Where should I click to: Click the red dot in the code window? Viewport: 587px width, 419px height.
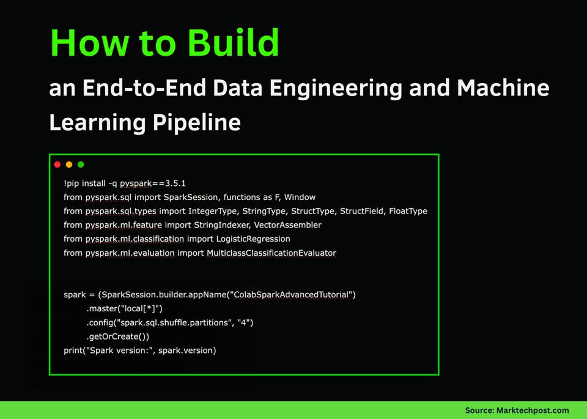click(57, 165)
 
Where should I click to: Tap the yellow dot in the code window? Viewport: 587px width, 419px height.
click(69, 165)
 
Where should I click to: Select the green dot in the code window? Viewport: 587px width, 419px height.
click(81, 165)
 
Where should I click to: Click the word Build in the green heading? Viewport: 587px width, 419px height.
click(234, 43)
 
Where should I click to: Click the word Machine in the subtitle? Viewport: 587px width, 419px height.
click(503, 88)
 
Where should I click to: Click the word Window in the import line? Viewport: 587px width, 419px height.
click(300, 197)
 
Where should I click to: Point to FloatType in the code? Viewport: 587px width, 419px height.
click(408, 211)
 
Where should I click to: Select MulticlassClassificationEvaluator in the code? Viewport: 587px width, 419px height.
click(271, 253)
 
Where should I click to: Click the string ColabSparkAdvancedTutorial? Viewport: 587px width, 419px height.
click(291, 295)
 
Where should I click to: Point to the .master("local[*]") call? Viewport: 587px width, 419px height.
click(125, 309)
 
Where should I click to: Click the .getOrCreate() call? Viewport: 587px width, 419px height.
click(118, 336)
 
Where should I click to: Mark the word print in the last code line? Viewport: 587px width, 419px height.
click(74, 350)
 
